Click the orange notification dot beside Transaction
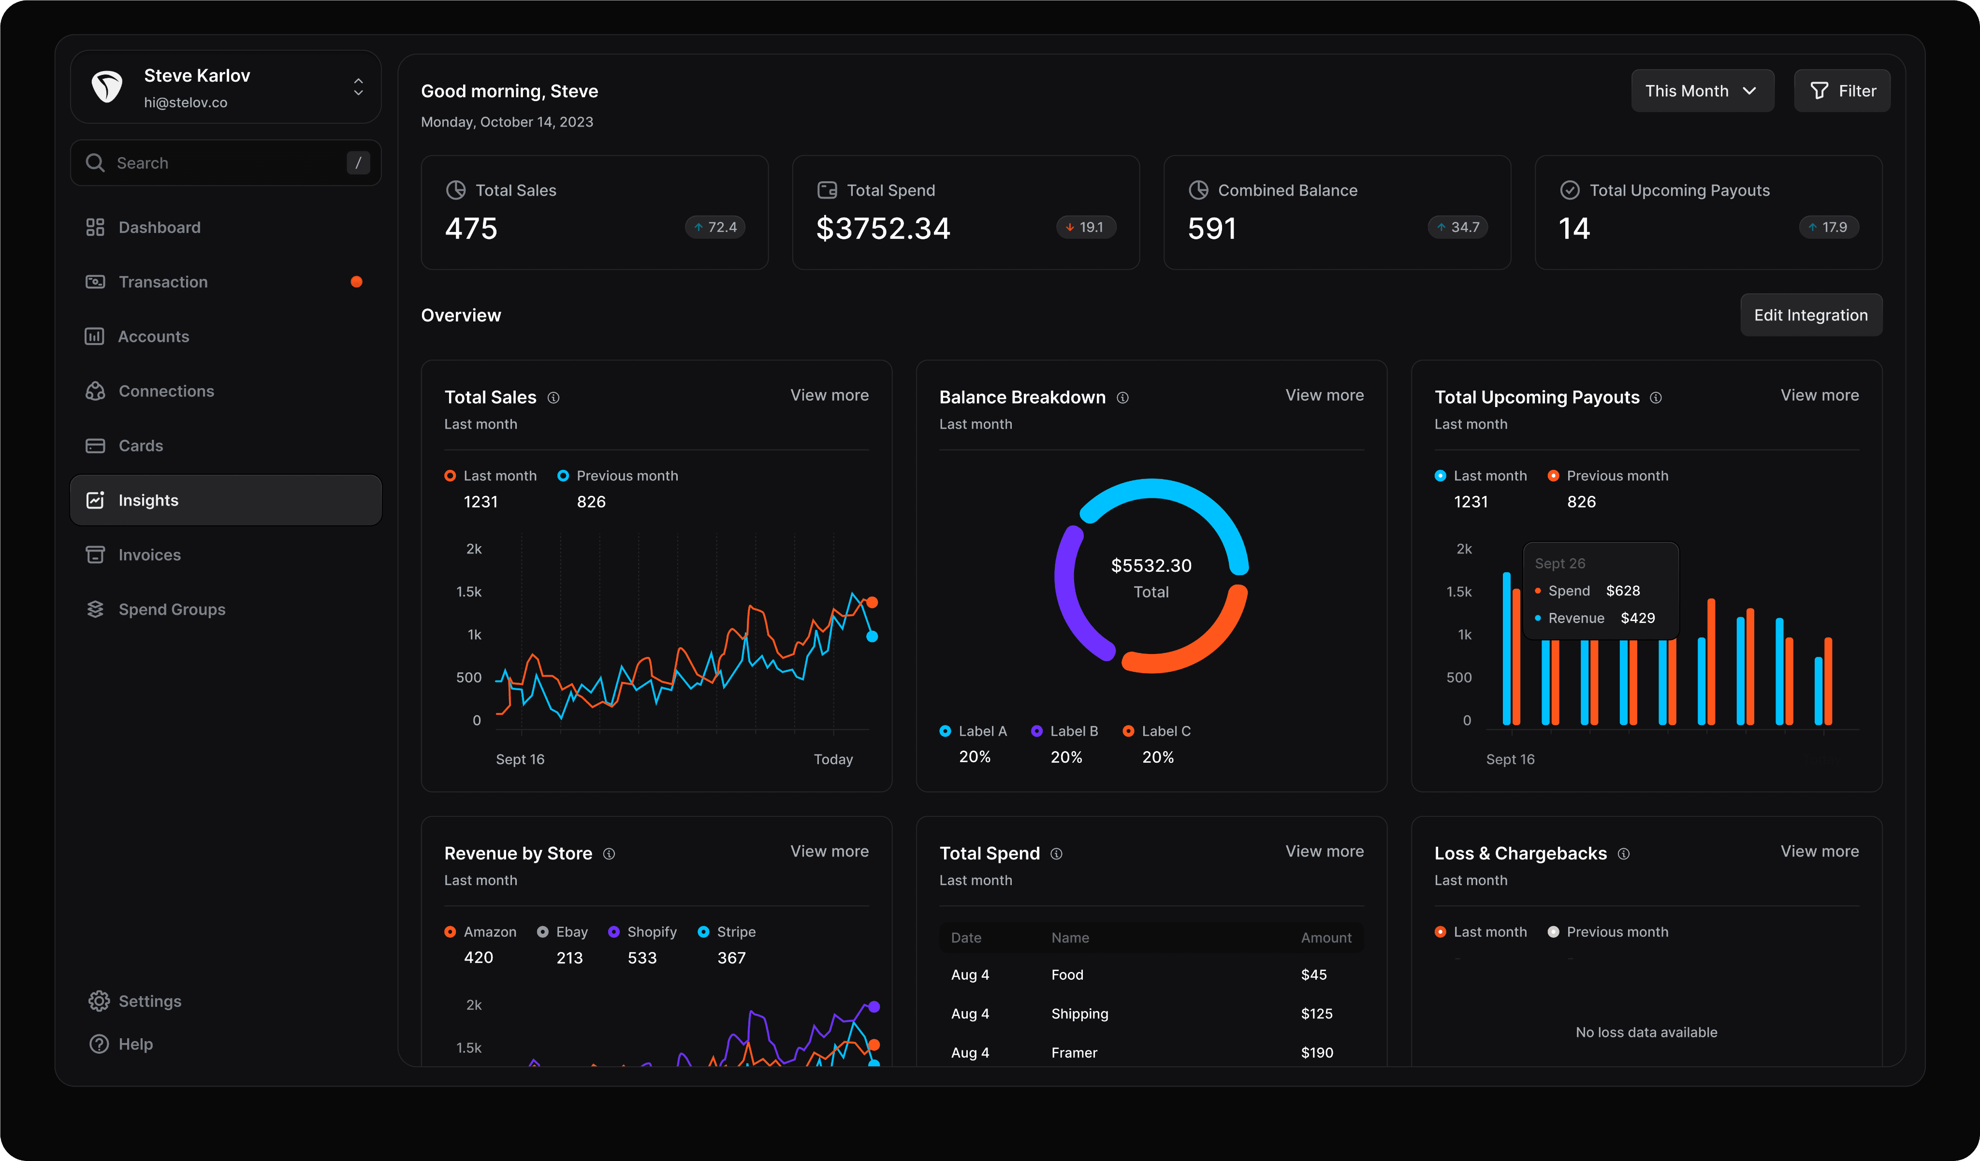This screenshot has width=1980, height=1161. tap(357, 282)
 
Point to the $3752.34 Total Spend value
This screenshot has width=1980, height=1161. tap(883, 229)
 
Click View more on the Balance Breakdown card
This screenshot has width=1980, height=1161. tap(1324, 395)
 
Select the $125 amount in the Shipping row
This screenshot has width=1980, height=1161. tap(1317, 1013)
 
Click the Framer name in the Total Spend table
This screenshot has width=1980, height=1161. tap(1074, 1053)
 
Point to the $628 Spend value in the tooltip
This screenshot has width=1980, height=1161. tap(1622, 591)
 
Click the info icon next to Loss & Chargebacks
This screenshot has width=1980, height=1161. tap(1623, 854)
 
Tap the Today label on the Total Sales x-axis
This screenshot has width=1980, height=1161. tap(833, 759)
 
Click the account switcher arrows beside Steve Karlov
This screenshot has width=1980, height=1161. tap(358, 87)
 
